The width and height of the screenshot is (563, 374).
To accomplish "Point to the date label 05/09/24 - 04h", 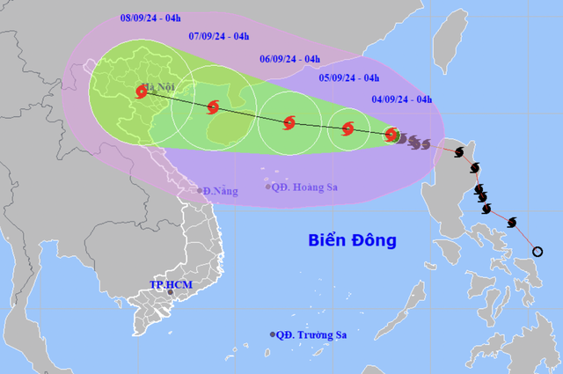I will click(x=349, y=77).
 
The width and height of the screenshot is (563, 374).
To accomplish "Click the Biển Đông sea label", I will click(x=353, y=239).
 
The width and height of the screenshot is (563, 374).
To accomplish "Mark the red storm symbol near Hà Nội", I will click(x=142, y=91).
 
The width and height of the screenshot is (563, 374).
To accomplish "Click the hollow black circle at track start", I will click(x=538, y=253).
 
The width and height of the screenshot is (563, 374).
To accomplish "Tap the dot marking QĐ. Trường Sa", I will click(x=273, y=334).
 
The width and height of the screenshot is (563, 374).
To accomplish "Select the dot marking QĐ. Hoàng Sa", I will click(x=268, y=187).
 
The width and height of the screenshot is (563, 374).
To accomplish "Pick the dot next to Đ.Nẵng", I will click(x=199, y=191).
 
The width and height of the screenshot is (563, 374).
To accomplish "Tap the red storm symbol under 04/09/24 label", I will click(x=391, y=135).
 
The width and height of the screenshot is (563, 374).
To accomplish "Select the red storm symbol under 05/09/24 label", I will click(x=347, y=129).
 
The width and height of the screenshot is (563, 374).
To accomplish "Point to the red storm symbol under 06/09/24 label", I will click(x=289, y=122).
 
